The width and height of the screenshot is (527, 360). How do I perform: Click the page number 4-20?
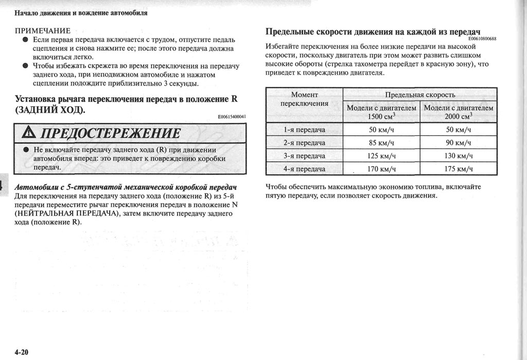(21, 352)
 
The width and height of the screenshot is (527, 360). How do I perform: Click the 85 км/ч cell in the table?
(382, 142)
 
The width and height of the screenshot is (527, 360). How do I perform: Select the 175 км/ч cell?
(459, 168)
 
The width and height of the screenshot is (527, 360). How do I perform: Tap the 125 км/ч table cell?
(382, 155)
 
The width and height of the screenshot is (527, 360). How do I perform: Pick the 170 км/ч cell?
(382, 168)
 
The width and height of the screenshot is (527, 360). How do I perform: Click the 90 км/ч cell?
(459, 142)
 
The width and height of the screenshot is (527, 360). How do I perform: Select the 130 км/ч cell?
(459, 155)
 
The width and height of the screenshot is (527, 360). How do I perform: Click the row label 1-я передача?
(304, 130)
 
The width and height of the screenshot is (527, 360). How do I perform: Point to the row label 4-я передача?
(304, 168)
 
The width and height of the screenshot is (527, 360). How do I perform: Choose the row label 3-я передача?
(304, 155)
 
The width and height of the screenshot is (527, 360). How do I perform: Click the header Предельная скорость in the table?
(420, 95)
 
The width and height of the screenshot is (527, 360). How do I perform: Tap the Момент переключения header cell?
(304, 99)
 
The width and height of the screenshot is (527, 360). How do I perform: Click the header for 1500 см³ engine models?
(382, 112)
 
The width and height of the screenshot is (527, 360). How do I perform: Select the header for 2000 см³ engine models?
(459, 112)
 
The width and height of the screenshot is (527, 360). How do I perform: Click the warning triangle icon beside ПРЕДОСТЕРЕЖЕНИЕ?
(30, 134)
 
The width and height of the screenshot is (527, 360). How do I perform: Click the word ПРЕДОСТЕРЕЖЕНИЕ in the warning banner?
(110, 134)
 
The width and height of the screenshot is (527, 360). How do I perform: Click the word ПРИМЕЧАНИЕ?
(43, 30)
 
